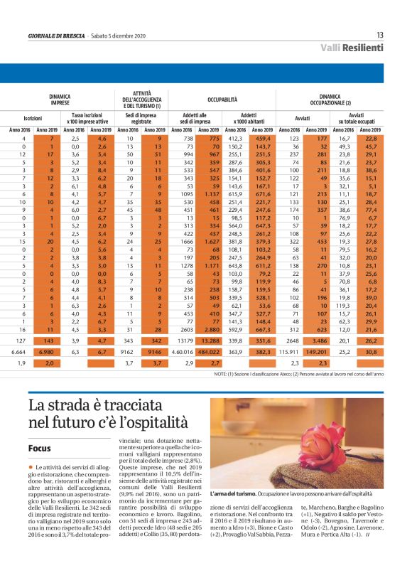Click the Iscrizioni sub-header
pos(32,117)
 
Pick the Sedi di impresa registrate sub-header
pos(142,117)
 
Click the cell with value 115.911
pos(288,351)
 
